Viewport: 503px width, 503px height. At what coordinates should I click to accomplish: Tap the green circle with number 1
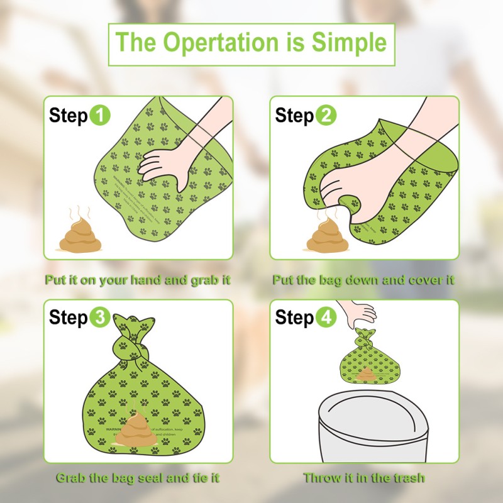pyautogui.click(x=100, y=116)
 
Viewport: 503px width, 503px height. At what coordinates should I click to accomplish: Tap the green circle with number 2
pyautogui.click(x=326, y=116)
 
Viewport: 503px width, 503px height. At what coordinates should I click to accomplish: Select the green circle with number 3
pyautogui.click(x=100, y=318)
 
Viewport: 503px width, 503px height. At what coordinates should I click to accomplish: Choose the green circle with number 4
pyautogui.click(x=326, y=318)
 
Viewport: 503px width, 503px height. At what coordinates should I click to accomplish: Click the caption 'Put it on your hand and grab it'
pyautogui.click(x=137, y=280)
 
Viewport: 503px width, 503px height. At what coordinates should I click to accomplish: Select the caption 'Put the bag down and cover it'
pyautogui.click(x=363, y=280)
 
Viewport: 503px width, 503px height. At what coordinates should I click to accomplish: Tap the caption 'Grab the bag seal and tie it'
pyautogui.click(x=138, y=478)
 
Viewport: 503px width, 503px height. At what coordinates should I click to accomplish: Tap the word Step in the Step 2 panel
pyautogui.click(x=294, y=116)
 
